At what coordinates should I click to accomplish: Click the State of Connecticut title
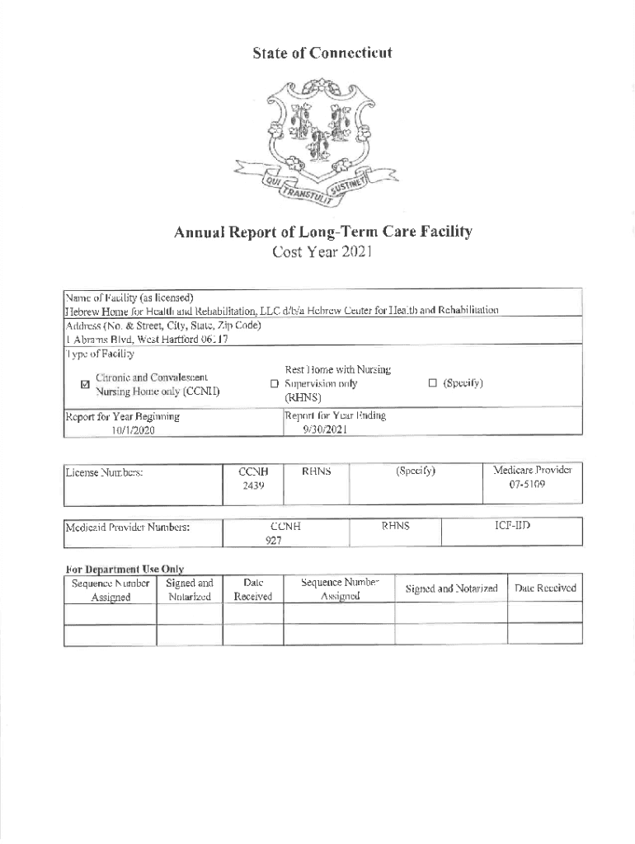321,54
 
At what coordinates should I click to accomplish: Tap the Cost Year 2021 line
322,251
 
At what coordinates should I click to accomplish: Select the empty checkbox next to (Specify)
432,383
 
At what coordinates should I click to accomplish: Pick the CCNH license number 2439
252,486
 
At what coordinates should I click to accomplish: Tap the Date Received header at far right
544,588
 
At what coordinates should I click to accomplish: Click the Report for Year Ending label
336,416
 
